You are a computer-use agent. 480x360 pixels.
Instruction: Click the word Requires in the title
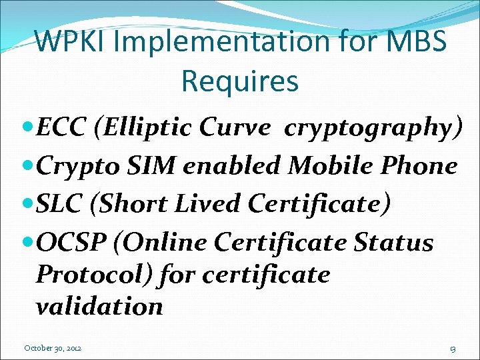tap(239, 81)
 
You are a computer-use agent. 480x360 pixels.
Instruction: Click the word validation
tap(99, 306)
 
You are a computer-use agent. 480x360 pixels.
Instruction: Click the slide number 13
tap(452, 348)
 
